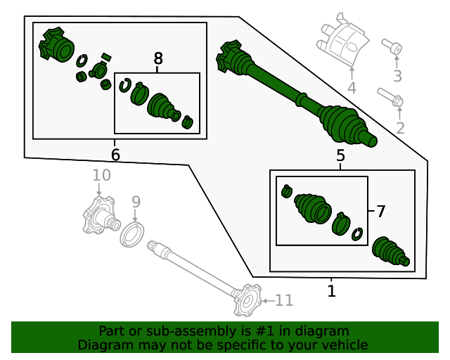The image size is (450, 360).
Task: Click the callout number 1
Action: click(332, 290)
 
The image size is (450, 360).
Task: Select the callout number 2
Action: click(400, 128)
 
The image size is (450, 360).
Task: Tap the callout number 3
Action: click(397, 76)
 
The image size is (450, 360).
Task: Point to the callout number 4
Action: click(352, 89)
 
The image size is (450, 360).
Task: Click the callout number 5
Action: click(340, 156)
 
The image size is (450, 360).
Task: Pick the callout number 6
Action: click(115, 154)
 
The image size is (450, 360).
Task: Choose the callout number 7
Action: click(380, 211)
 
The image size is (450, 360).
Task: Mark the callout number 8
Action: click(157, 58)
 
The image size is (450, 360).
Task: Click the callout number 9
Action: click(136, 202)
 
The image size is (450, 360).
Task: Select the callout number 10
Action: click(101, 175)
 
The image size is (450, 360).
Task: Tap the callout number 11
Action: click(283, 301)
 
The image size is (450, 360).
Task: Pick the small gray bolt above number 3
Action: click(392, 47)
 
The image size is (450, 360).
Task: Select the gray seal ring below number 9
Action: click(132, 233)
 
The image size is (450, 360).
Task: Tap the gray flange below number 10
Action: click(98, 216)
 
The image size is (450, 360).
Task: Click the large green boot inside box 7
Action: click(313, 209)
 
